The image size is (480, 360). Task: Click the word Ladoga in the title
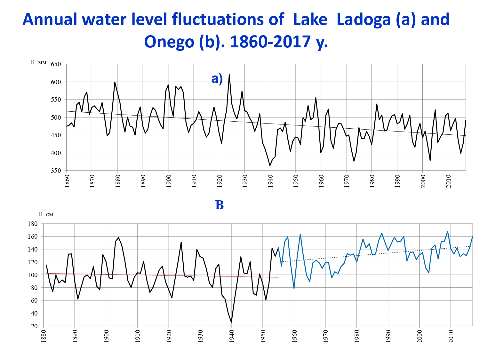click(362, 20)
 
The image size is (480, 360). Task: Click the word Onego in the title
click(169, 42)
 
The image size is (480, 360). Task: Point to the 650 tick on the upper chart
click(56, 64)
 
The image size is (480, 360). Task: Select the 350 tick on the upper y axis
click(56, 171)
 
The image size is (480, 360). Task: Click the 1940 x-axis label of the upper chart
click(270, 181)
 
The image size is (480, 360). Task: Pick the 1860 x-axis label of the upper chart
click(67, 181)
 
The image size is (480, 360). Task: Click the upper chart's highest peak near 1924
click(229, 75)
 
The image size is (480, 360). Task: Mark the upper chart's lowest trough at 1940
click(270, 165)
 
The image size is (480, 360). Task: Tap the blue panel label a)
click(217, 78)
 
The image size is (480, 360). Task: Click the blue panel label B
click(219, 205)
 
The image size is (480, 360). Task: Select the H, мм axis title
click(38, 62)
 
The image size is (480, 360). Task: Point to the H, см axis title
click(45, 214)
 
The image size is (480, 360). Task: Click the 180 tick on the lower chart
click(33, 224)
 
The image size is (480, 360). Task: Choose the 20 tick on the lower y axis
click(34, 326)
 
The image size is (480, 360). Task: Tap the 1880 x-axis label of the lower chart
click(44, 336)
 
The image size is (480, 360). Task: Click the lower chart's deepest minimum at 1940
click(231, 322)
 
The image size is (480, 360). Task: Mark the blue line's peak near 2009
click(447, 231)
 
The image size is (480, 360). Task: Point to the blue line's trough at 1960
click(294, 288)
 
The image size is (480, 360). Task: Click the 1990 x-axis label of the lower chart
click(388, 336)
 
